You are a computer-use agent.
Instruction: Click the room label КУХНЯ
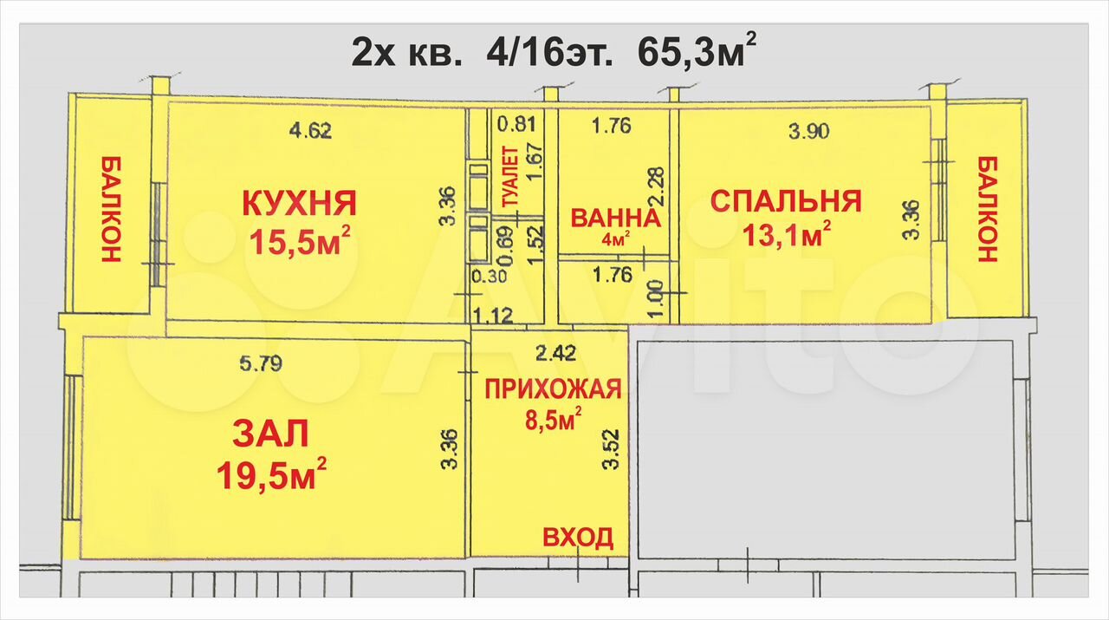300,203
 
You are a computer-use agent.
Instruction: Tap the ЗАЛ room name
270,434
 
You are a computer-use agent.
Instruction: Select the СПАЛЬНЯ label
786,201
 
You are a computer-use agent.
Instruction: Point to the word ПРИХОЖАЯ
553,389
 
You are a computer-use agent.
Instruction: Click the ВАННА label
615,219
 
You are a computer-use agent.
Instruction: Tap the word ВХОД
578,538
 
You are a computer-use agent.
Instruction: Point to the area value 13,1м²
787,235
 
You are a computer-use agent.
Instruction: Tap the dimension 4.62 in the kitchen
310,131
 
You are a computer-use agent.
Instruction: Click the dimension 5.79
261,364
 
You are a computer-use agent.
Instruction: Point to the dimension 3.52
612,449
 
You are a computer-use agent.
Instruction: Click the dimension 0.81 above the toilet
516,124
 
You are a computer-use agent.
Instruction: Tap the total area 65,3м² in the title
697,50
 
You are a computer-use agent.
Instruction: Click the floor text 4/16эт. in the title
549,54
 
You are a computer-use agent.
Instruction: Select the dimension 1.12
493,316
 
